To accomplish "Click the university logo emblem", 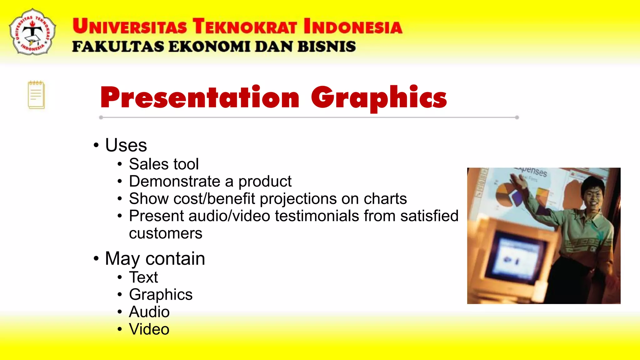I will [x=32, y=32].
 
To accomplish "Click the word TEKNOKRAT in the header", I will [x=244, y=26].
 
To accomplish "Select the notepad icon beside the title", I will [x=36, y=95].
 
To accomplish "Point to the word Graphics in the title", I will [x=379, y=98].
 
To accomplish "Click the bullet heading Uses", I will [x=126, y=145].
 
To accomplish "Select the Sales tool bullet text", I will [x=163, y=164].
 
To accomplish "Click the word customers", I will [x=165, y=233].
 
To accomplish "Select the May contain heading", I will [x=155, y=259].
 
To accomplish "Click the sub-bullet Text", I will [x=143, y=277].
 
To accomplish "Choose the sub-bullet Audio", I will [x=149, y=312].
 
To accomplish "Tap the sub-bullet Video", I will [x=149, y=329].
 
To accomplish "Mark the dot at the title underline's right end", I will [x=517, y=117].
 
